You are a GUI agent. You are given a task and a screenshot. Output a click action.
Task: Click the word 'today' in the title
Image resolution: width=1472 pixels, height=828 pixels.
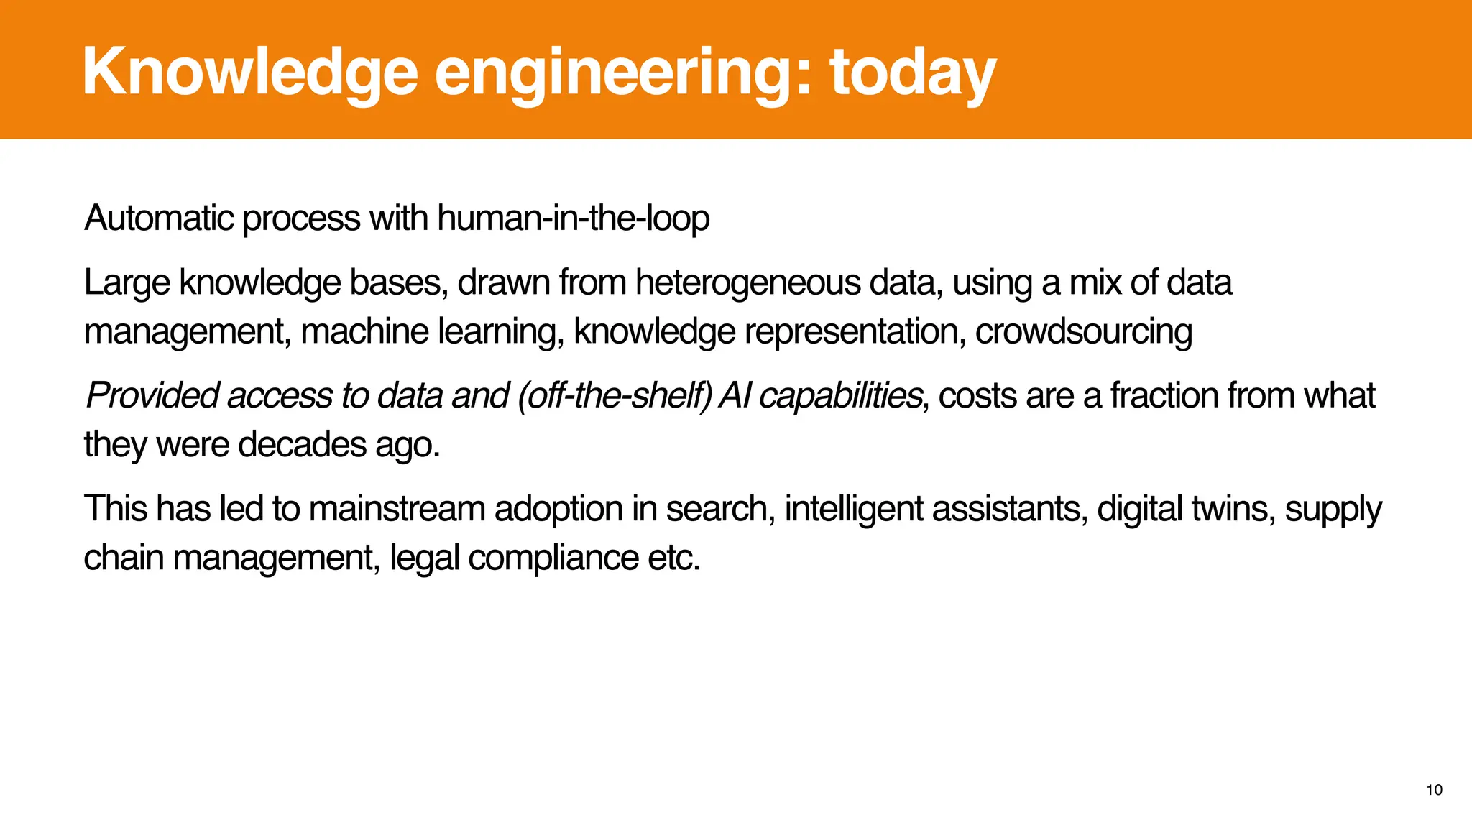point(913,73)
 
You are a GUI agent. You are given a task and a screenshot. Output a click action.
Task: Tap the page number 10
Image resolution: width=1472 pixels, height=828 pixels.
point(1434,790)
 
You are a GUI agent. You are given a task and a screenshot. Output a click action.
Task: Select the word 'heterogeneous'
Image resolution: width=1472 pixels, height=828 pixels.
point(747,282)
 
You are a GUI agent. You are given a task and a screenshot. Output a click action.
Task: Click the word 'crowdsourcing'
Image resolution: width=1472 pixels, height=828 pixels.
point(1083,331)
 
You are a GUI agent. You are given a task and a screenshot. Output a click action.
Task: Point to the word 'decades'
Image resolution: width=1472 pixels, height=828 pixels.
point(302,444)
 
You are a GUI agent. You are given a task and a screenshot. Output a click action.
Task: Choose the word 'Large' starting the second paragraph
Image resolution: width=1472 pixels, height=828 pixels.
point(126,282)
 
